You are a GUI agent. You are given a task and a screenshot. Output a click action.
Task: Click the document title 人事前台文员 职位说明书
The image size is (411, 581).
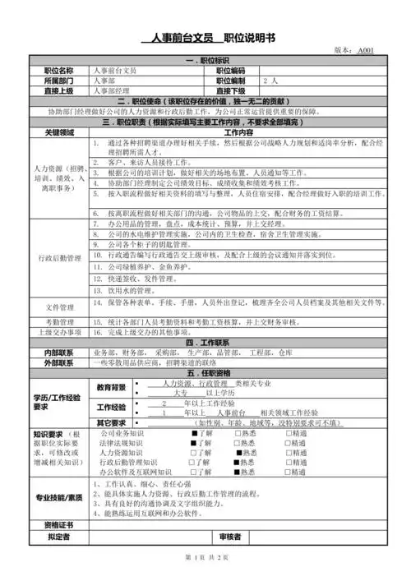coord(206,38)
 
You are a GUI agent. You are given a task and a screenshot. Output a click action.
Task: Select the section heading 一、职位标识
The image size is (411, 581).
coord(206,61)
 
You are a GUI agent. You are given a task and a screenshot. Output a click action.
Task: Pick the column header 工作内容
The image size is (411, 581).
coord(238,131)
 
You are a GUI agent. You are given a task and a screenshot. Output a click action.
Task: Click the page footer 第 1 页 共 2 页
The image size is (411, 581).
coord(205,558)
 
